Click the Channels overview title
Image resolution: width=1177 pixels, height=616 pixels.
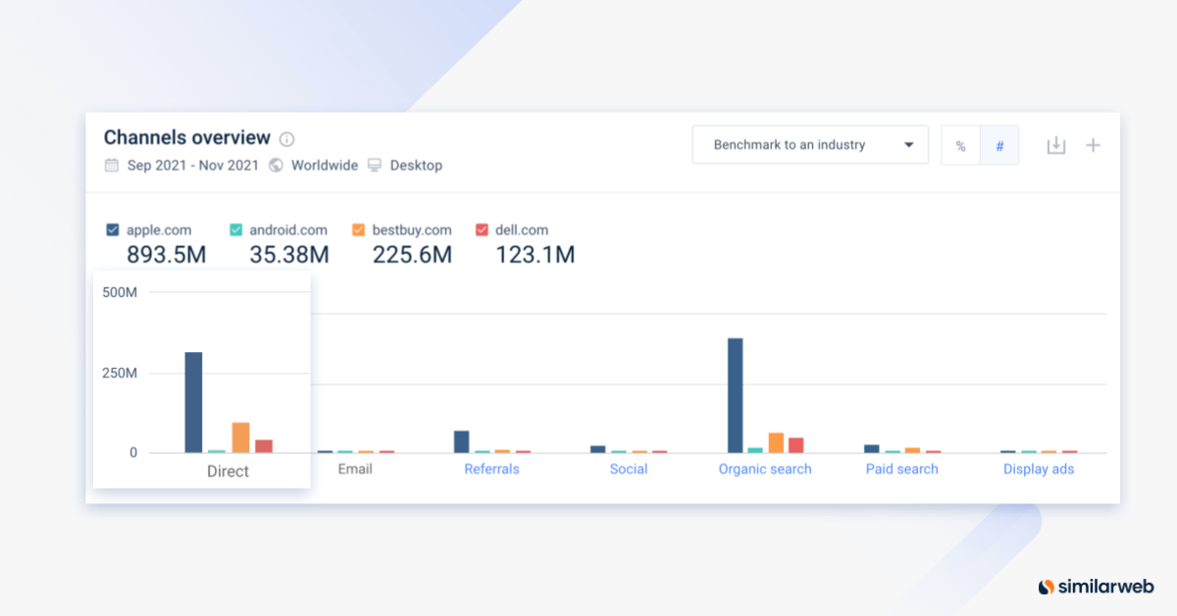(x=186, y=137)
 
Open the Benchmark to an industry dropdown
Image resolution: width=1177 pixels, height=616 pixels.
(x=809, y=145)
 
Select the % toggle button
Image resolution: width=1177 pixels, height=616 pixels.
(x=960, y=146)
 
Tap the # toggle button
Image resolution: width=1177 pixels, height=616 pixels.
(x=999, y=146)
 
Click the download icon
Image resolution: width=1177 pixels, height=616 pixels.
(x=1055, y=145)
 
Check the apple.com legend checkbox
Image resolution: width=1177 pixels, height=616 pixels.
(x=113, y=230)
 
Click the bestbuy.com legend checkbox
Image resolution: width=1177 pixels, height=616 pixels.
(x=358, y=230)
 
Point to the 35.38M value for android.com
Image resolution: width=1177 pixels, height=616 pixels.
(x=277, y=255)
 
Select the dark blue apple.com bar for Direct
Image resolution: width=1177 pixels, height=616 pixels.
(x=193, y=402)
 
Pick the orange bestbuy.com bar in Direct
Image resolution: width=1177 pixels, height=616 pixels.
(x=240, y=437)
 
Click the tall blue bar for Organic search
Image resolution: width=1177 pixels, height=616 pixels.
(x=735, y=395)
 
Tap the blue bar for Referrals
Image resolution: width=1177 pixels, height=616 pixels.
(x=461, y=441)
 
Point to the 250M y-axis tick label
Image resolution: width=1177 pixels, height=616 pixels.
(x=119, y=373)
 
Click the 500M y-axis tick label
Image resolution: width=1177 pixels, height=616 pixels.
(x=119, y=292)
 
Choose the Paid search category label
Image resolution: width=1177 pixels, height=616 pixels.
(x=901, y=469)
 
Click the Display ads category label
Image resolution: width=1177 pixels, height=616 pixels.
(x=1038, y=469)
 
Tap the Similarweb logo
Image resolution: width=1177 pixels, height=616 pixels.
(x=1097, y=587)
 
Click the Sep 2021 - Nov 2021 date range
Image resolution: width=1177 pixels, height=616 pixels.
(x=192, y=166)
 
